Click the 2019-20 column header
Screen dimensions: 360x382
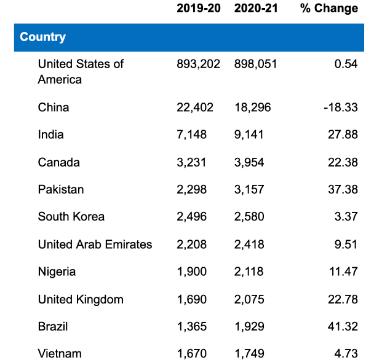point(198,9)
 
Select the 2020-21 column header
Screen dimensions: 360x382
point(255,9)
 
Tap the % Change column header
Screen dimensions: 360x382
point(328,9)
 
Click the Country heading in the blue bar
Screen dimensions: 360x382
point(42,37)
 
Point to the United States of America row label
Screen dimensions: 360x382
point(81,71)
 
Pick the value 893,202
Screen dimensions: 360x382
point(198,64)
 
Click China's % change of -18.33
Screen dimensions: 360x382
point(340,108)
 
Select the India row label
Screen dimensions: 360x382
point(50,135)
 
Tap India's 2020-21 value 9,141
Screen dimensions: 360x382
point(249,135)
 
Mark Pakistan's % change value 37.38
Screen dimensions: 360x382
point(343,189)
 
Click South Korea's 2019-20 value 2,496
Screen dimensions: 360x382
point(192,216)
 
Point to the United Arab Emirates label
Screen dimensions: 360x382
point(95,244)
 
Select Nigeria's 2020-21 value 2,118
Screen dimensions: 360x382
point(249,272)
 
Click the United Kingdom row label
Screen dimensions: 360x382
point(81,299)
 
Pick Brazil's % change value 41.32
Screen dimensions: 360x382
point(343,326)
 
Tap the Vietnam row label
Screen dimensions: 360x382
point(60,353)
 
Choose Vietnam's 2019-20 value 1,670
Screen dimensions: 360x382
point(192,353)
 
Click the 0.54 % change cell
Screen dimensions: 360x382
point(346,64)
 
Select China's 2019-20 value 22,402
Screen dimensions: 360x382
point(195,108)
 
